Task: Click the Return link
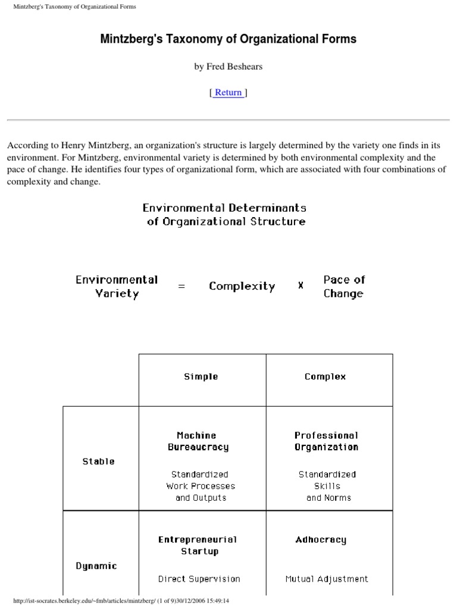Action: [x=228, y=92]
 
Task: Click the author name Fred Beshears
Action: [x=228, y=67]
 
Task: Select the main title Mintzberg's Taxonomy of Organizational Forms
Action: [x=228, y=39]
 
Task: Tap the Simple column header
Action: [x=201, y=376]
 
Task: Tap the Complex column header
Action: [x=325, y=376]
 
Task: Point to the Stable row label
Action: [x=99, y=462]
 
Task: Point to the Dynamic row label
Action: [x=96, y=566]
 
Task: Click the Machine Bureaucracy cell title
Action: [x=198, y=441]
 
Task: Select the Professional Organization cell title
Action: [x=327, y=441]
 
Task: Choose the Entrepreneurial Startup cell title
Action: [x=198, y=545]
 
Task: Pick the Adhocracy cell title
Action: [x=321, y=540]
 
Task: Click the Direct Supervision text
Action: [x=199, y=579]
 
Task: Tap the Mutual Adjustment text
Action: [x=327, y=579]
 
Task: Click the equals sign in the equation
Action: [x=181, y=286]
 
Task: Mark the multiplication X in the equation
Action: [x=301, y=286]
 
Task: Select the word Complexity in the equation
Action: [x=242, y=286]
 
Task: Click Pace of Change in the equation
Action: [x=344, y=286]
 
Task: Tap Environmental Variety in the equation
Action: [x=117, y=286]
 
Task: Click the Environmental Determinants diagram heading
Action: [x=225, y=215]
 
